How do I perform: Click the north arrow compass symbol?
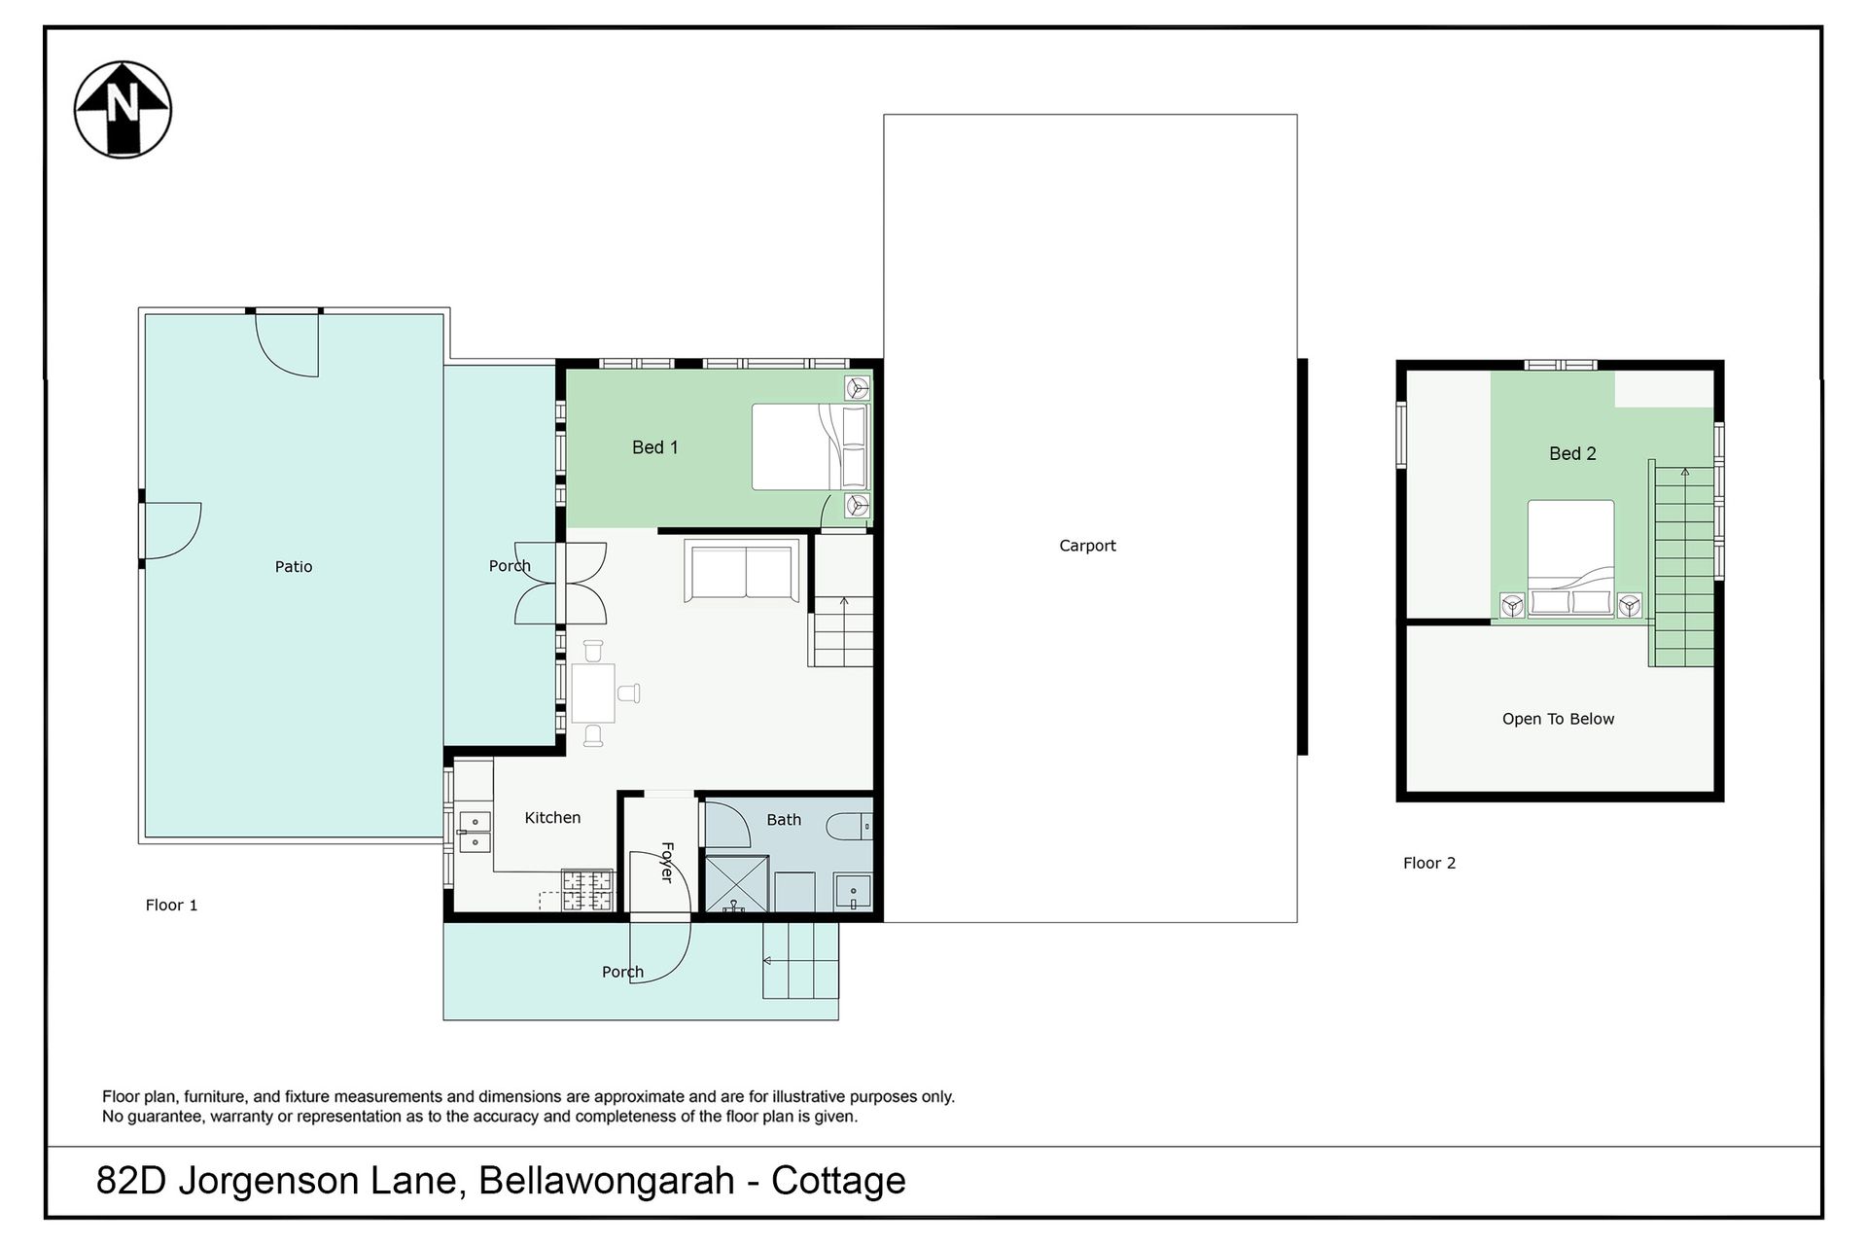pyautogui.click(x=123, y=109)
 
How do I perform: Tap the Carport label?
pyautogui.click(x=1087, y=546)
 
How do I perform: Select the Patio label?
pyautogui.click(x=294, y=566)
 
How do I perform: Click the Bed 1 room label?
pyautogui.click(x=654, y=447)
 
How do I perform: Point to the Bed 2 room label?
pyautogui.click(x=1572, y=453)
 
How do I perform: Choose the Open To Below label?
pyautogui.click(x=1558, y=719)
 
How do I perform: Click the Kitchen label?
pyautogui.click(x=552, y=818)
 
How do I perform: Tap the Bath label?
pyautogui.click(x=784, y=820)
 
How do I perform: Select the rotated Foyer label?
pyautogui.click(x=667, y=862)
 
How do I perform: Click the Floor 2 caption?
pyautogui.click(x=1429, y=863)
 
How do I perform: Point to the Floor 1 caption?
pyautogui.click(x=171, y=906)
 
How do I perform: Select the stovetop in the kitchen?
pyautogui.click(x=587, y=891)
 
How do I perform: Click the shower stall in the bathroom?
pyautogui.click(x=736, y=884)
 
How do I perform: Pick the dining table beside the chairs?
pyautogui.click(x=593, y=693)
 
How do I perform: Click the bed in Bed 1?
pyautogui.click(x=809, y=447)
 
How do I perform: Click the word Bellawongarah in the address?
pyautogui.click(x=607, y=1181)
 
